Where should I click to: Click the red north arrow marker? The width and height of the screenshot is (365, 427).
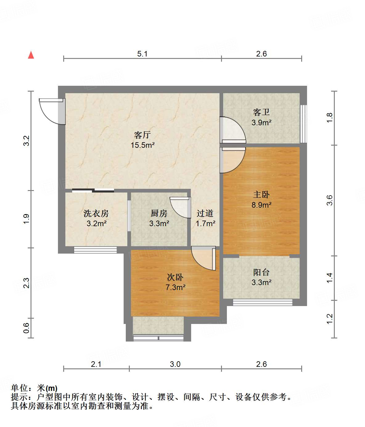pyautogui.click(x=31, y=55)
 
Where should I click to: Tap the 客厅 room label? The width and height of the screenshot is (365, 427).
pyautogui.click(x=142, y=135)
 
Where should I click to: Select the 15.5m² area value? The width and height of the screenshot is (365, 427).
pyautogui.click(x=142, y=145)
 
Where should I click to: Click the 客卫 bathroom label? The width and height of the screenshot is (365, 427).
pyautogui.click(x=261, y=112)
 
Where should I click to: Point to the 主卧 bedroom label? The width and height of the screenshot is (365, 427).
pyautogui.click(x=261, y=194)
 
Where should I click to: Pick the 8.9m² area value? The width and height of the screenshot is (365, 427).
pyautogui.click(x=261, y=205)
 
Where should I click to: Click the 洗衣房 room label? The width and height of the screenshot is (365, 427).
pyautogui.click(x=96, y=213)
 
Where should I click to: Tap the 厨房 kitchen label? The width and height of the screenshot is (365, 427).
pyautogui.click(x=159, y=213)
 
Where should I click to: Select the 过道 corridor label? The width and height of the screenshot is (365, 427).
pyautogui.click(x=205, y=213)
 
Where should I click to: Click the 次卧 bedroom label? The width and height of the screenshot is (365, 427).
pyautogui.click(x=175, y=277)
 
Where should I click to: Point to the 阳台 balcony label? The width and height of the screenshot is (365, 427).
pyautogui.click(x=261, y=272)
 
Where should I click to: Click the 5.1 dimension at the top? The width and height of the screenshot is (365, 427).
pyautogui.click(x=142, y=54)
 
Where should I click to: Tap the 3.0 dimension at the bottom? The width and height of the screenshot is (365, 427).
pyautogui.click(x=175, y=364)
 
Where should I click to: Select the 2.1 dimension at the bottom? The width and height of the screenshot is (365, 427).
pyautogui.click(x=96, y=364)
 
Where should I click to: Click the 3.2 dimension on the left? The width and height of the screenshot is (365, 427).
pyautogui.click(x=27, y=141)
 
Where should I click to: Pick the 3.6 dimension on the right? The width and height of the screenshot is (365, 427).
pyautogui.click(x=330, y=200)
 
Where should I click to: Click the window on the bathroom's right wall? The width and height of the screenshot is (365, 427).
pyautogui.click(x=303, y=124)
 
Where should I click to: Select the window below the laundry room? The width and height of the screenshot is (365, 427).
pyautogui.click(x=95, y=250)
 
